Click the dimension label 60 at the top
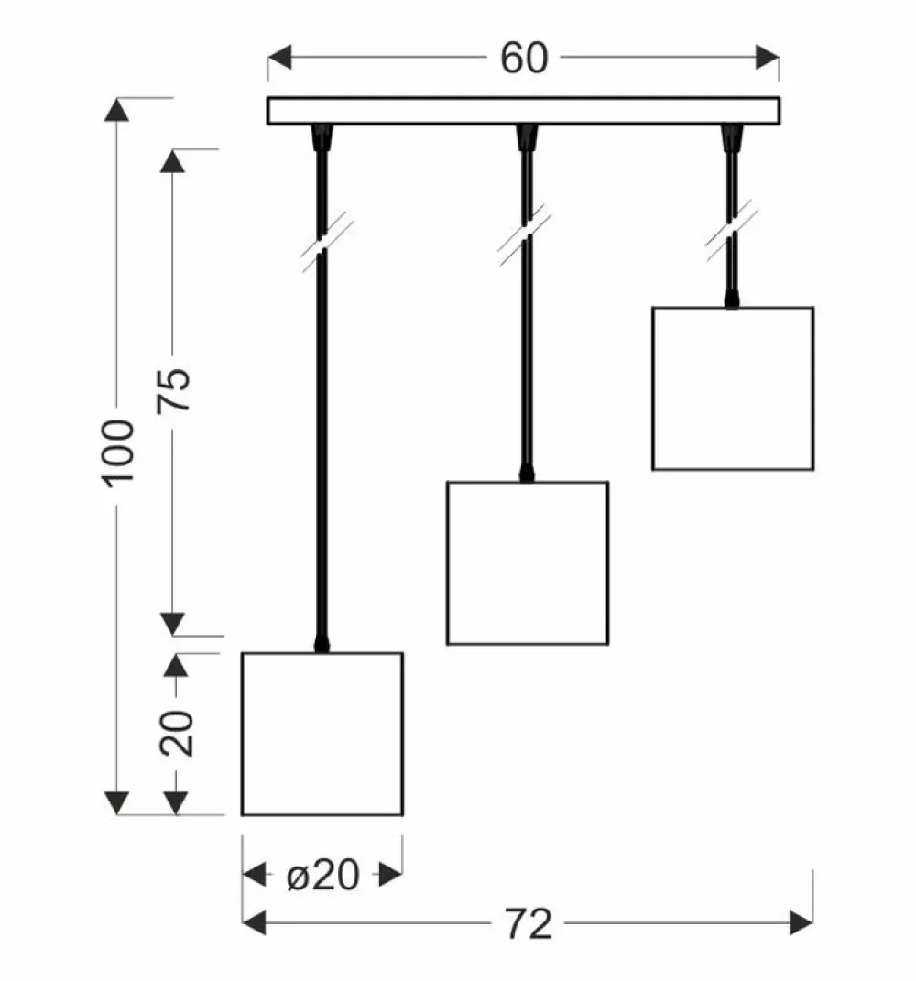tap(523, 58)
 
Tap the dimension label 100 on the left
tap(118, 453)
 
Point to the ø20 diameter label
tap(322, 877)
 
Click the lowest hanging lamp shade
tap(322, 733)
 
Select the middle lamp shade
tap(527, 562)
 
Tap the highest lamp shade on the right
tap(732, 388)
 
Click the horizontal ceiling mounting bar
tap(523, 111)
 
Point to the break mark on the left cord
tap(322, 239)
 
